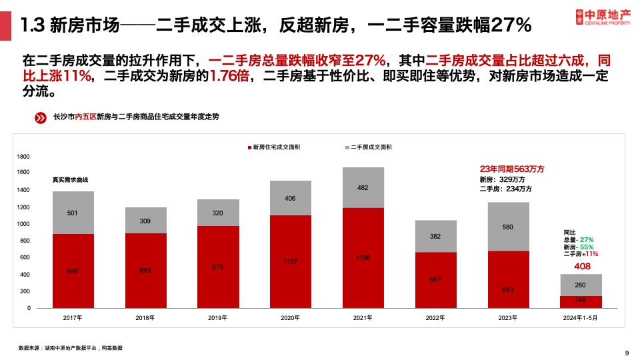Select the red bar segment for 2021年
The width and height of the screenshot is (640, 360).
(x=363, y=257)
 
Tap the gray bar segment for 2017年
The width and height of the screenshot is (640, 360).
(x=73, y=213)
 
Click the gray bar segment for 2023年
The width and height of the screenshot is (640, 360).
(x=509, y=227)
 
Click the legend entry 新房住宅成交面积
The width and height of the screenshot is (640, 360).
(x=273, y=147)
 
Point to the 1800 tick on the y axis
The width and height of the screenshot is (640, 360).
(x=23, y=157)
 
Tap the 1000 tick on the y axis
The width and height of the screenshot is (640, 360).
(x=23, y=224)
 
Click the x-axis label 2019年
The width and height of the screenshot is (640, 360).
(x=218, y=318)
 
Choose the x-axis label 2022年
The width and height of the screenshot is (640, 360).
(x=435, y=318)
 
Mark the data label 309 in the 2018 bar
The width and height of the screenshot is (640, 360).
(x=146, y=221)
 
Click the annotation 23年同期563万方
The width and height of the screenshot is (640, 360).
(x=512, y=169)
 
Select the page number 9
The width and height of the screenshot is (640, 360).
(x=627, y=353)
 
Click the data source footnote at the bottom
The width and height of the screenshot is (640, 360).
(x=71, y=348)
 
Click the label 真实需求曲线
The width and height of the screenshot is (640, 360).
(x=71, y=180)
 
